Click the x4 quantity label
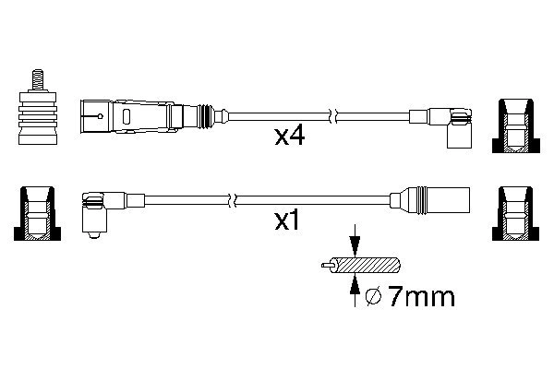290,137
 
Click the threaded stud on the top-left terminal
40,78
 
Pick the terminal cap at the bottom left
37,213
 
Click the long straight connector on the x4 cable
138,116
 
